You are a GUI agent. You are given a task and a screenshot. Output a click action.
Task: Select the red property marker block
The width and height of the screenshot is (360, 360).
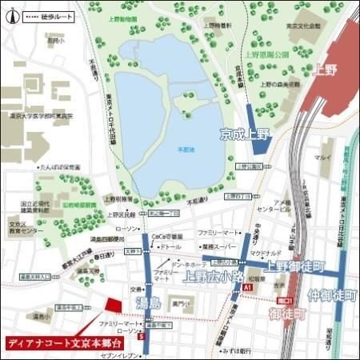tap(113, 306)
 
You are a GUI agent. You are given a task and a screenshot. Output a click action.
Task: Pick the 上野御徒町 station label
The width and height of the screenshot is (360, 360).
tap(296, 266)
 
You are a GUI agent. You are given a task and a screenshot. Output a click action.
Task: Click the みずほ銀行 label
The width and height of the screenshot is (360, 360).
tap(238, 350)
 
